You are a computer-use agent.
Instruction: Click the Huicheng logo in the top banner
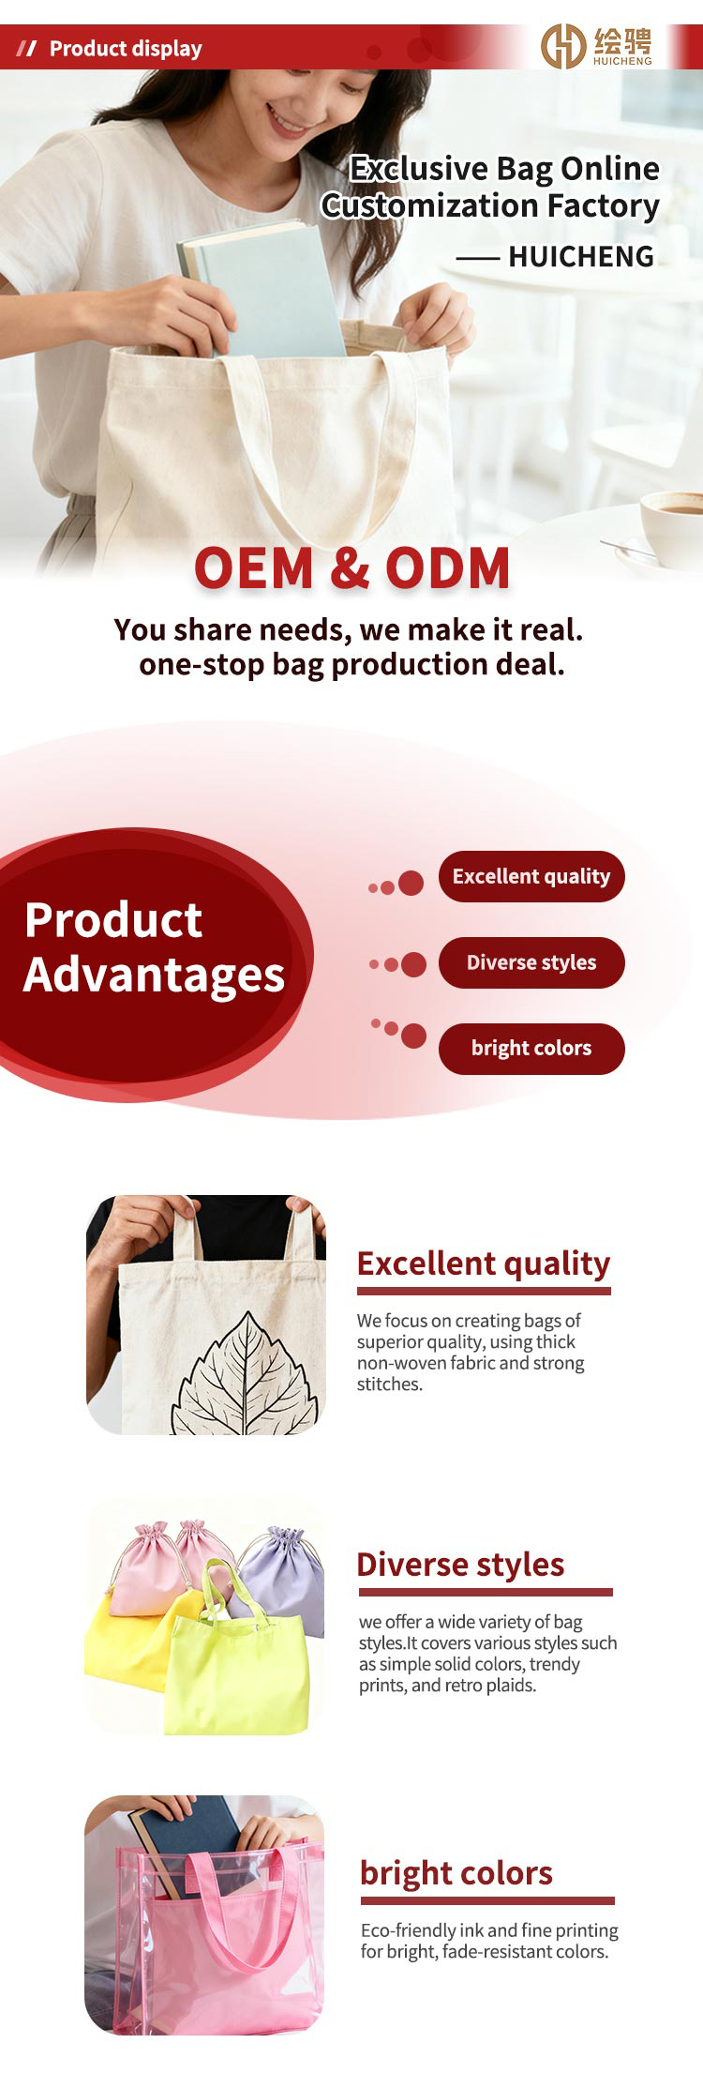point(597,46)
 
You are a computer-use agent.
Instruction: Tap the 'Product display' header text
point(126,49)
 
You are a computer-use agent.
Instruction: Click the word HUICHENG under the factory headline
point(581,256)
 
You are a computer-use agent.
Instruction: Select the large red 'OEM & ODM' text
point(352,567)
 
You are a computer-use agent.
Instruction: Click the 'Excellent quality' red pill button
point(531,876)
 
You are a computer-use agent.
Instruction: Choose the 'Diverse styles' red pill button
point(531,962)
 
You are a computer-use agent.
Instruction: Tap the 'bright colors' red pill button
point(531,1048)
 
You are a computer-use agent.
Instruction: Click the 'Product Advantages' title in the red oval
point(155,947)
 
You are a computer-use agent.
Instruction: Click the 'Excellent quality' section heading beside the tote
point(484,1264)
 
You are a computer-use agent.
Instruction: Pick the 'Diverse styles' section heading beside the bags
point(460,1565)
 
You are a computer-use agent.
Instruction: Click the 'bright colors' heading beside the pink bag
point(456,1873)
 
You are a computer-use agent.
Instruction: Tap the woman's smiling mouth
point(285,119)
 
